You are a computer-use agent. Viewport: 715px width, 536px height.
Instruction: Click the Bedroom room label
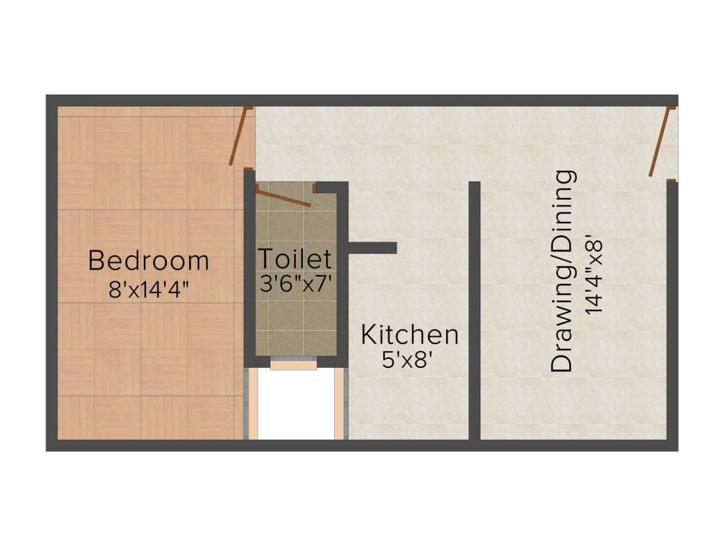tap(149, 261)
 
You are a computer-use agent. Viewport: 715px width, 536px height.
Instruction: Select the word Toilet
tap(295, 258)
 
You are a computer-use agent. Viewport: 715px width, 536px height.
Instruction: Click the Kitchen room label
tap(409, 335)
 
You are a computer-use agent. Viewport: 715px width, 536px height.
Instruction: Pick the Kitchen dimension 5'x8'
tap(409, 361)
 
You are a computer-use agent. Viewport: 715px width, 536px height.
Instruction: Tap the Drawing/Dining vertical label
tap(563, 271)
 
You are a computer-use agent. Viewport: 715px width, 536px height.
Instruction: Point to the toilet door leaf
tap(283, 196)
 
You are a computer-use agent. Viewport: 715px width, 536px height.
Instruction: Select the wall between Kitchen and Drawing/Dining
tap(474, 311)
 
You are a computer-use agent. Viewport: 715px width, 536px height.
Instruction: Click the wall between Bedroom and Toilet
tap(249, 265)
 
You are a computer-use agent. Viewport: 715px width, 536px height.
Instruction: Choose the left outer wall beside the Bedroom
tap(52, 272)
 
